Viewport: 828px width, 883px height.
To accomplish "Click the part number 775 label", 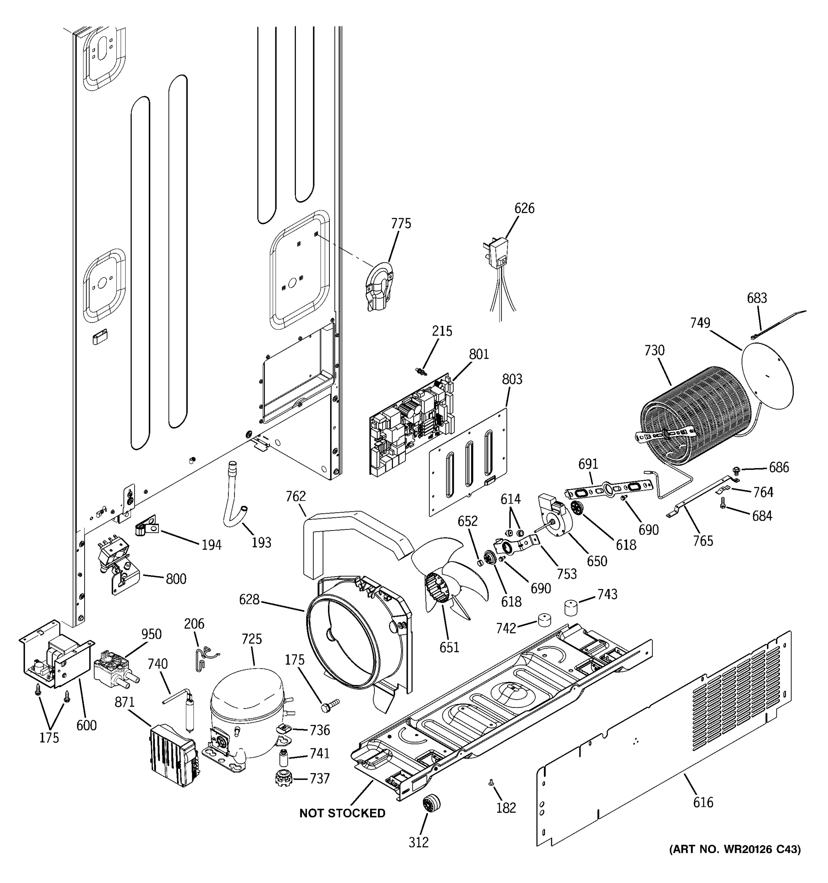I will [401, 223].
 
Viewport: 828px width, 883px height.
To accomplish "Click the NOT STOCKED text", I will [342, 813].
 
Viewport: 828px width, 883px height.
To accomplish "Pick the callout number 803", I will [512, 379].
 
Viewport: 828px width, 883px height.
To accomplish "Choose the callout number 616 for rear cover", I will [703, 802].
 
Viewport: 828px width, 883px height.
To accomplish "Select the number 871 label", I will [124, 702].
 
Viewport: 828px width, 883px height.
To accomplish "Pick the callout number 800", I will [176, 579].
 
